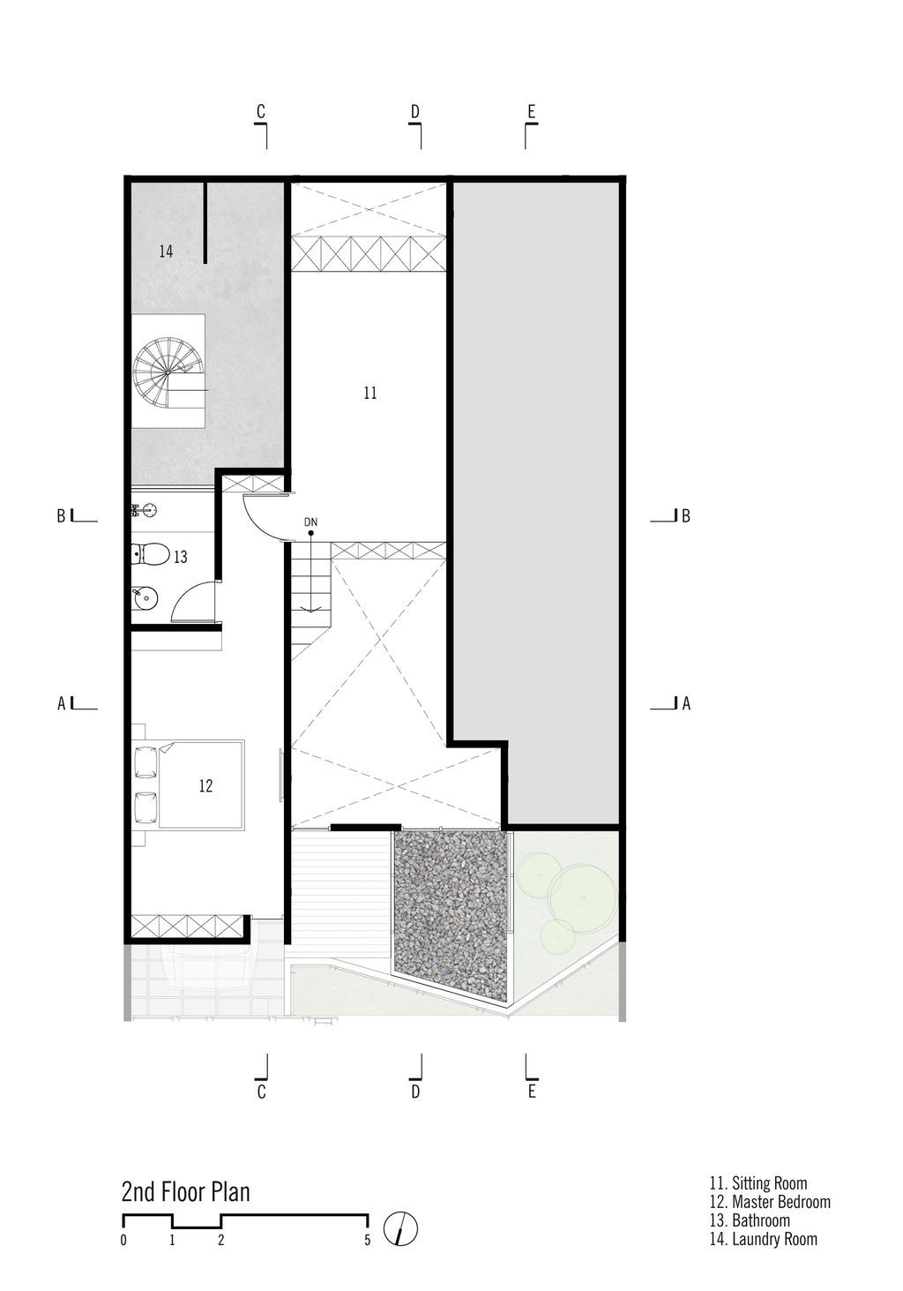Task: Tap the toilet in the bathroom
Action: (150, 554)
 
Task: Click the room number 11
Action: (370, 393)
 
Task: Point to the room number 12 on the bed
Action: (205, 785)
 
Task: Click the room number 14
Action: (166, 251)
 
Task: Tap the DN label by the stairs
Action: (311, 522)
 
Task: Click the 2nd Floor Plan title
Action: (186, 1192)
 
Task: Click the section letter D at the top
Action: (415, 111)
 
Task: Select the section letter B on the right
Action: (685, 516)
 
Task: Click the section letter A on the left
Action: (61, 703)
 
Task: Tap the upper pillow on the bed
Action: (146, 762)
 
